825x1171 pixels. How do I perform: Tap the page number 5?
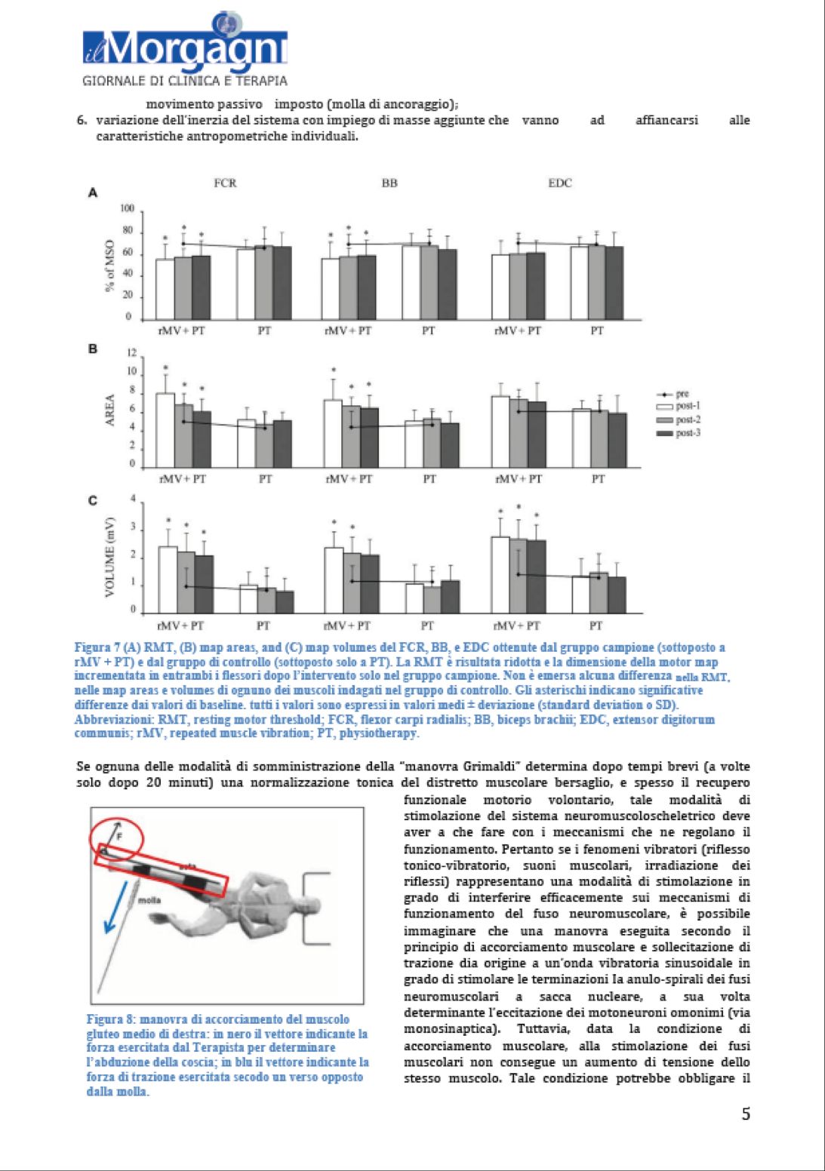[746, 1114]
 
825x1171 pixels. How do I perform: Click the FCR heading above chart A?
[225, 183]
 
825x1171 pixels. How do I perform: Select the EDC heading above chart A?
[559, 183]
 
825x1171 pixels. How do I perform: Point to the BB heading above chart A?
[389, 183]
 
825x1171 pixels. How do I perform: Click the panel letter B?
[93, 349]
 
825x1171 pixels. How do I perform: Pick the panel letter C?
[93, 500]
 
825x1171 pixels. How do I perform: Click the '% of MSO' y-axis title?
[110, 266]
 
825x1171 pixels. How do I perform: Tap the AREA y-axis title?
[110, 410]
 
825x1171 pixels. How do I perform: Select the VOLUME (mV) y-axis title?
[110, 557]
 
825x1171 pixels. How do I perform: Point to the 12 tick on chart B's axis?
[131, 353]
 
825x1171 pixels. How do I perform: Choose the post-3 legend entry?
[679, 433]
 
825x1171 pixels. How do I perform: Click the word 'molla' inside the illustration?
[149, 900]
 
